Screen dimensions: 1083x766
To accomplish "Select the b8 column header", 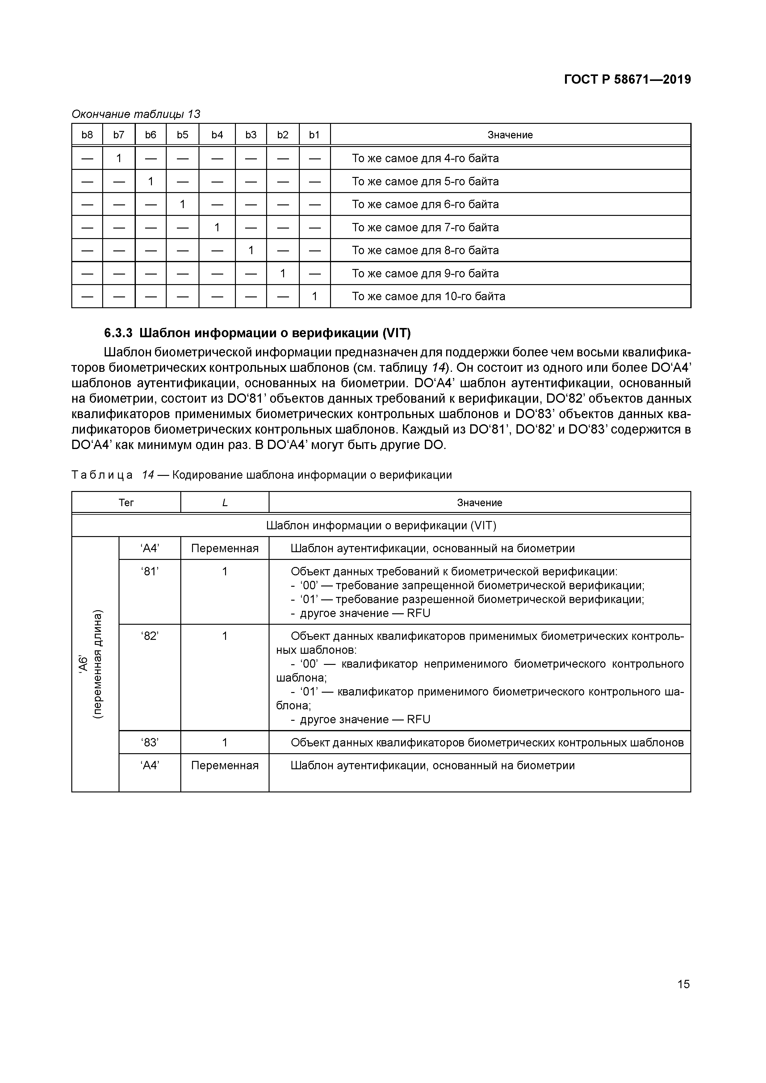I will coord(87,135).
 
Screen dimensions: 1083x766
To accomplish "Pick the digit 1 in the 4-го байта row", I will coord(119,158).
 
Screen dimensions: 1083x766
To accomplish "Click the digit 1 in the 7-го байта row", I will coord(217,227).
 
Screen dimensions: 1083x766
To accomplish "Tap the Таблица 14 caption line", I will coord(262,475).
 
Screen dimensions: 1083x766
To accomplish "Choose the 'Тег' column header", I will coord(126,503).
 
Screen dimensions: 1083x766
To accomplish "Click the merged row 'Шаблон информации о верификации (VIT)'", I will coord(381,526).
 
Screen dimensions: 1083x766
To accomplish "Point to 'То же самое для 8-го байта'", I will coord(425,250).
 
